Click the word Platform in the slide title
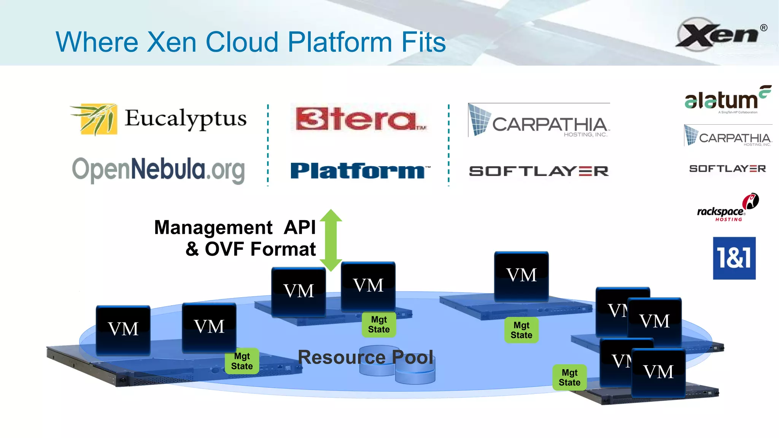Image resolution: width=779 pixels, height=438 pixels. tap(340, 42)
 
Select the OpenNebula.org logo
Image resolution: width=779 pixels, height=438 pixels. tap(158, 170)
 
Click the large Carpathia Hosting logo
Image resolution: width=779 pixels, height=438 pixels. tap(539, 121)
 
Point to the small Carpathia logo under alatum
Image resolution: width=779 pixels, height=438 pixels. tap(728, 136)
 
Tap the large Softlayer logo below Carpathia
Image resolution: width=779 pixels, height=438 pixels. tap(539, 171)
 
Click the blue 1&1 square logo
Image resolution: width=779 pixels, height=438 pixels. tap(734, 258)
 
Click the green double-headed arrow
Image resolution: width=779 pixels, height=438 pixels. tap(331, 240)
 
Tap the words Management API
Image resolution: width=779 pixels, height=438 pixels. tap(235, 228)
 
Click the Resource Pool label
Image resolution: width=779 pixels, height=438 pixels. tap(365, 357)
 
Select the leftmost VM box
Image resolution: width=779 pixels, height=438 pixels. tap(123, 329)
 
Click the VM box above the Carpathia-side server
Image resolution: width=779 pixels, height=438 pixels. tap(521, 275)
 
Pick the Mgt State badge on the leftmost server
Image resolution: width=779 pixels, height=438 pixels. tap(242, 361)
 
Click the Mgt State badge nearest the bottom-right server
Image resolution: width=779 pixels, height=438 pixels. tap(569, 378)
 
